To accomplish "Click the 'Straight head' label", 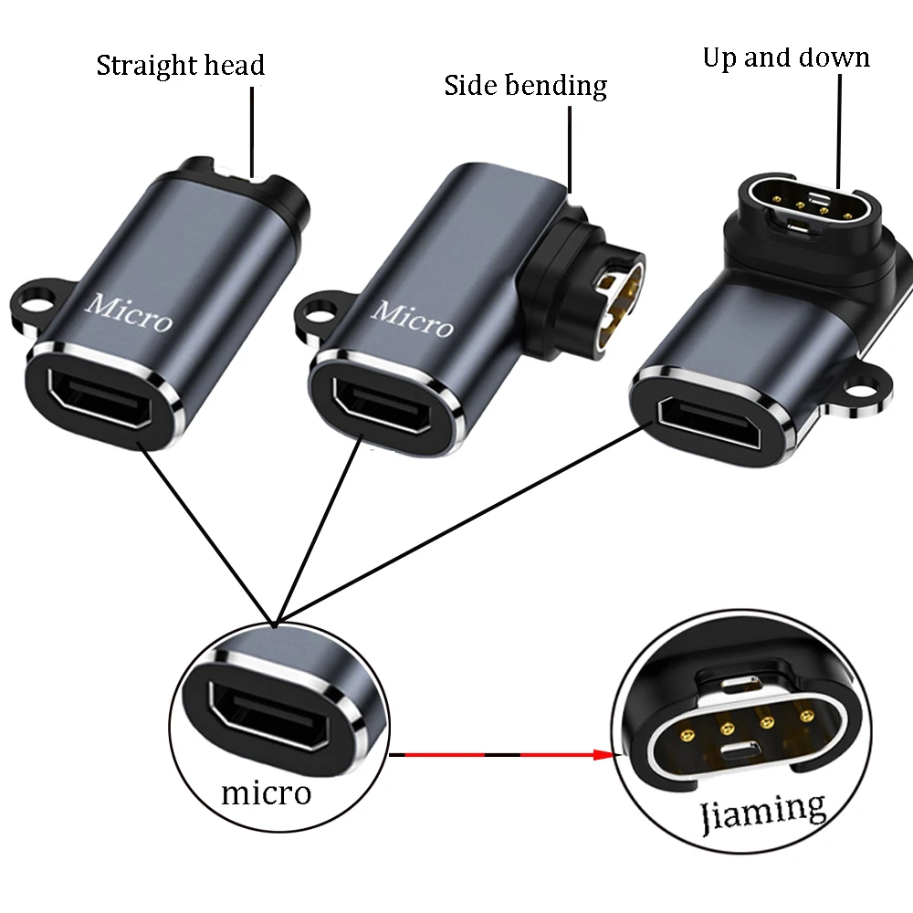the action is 180,66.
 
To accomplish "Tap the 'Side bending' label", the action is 525,86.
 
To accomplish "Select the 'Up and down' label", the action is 785,58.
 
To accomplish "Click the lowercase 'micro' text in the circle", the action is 266,792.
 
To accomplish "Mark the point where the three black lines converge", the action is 275,624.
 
